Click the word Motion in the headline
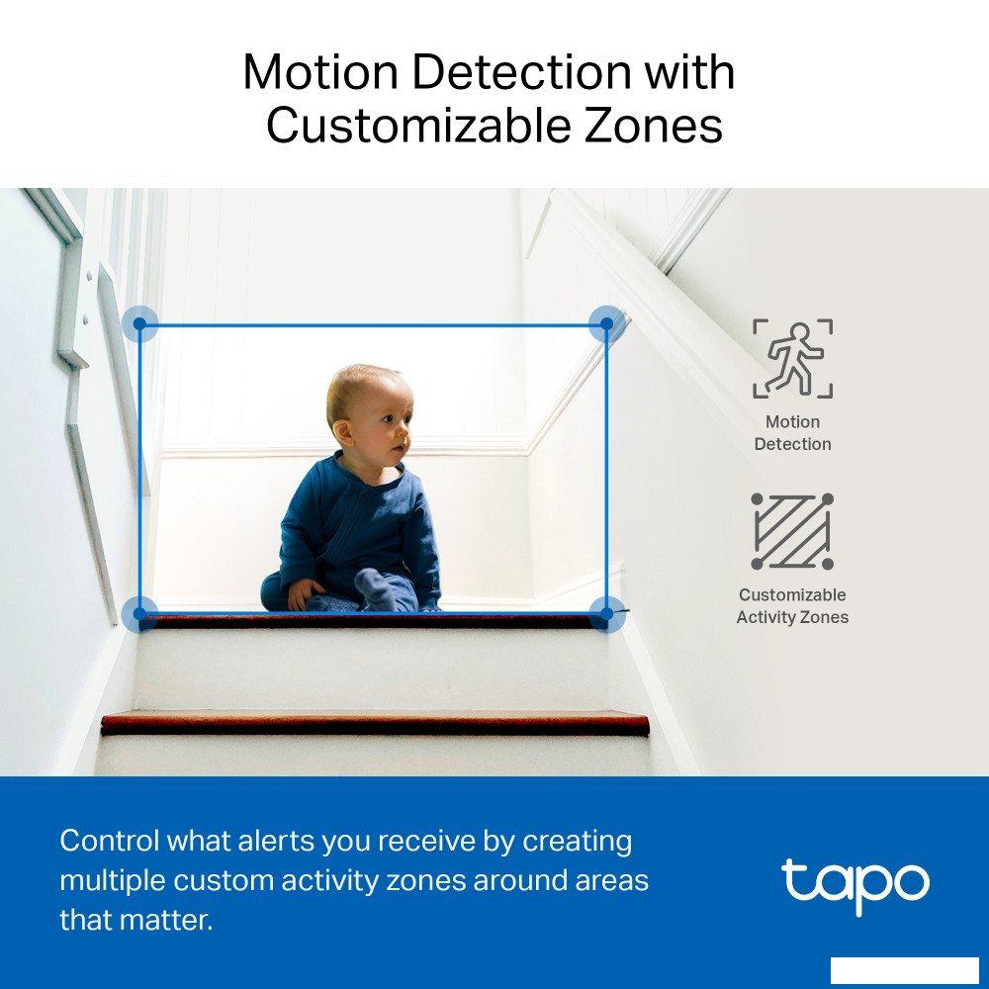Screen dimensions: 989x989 click(x=321, y=72)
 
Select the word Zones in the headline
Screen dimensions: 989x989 click(x=653, y=126)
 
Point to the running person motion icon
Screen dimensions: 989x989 click(x=793, y=358)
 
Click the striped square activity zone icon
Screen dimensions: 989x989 click(x=792, y=532)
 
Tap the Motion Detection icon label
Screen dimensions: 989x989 click(x=793, y=433)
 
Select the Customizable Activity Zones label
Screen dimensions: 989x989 click(x=792, y=605)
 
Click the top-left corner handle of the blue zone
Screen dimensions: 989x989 click(x=139, y=324)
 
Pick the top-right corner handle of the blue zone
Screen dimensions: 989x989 click(x=607, y=323)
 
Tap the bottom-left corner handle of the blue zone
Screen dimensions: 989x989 click(x=139, y=613)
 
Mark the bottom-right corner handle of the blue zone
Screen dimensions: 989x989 click(x=607, y=613)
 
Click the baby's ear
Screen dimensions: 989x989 click(x=343, y=433)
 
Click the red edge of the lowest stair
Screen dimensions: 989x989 click(x=375, y=724)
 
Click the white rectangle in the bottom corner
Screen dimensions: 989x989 click(x=905, y=970)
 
